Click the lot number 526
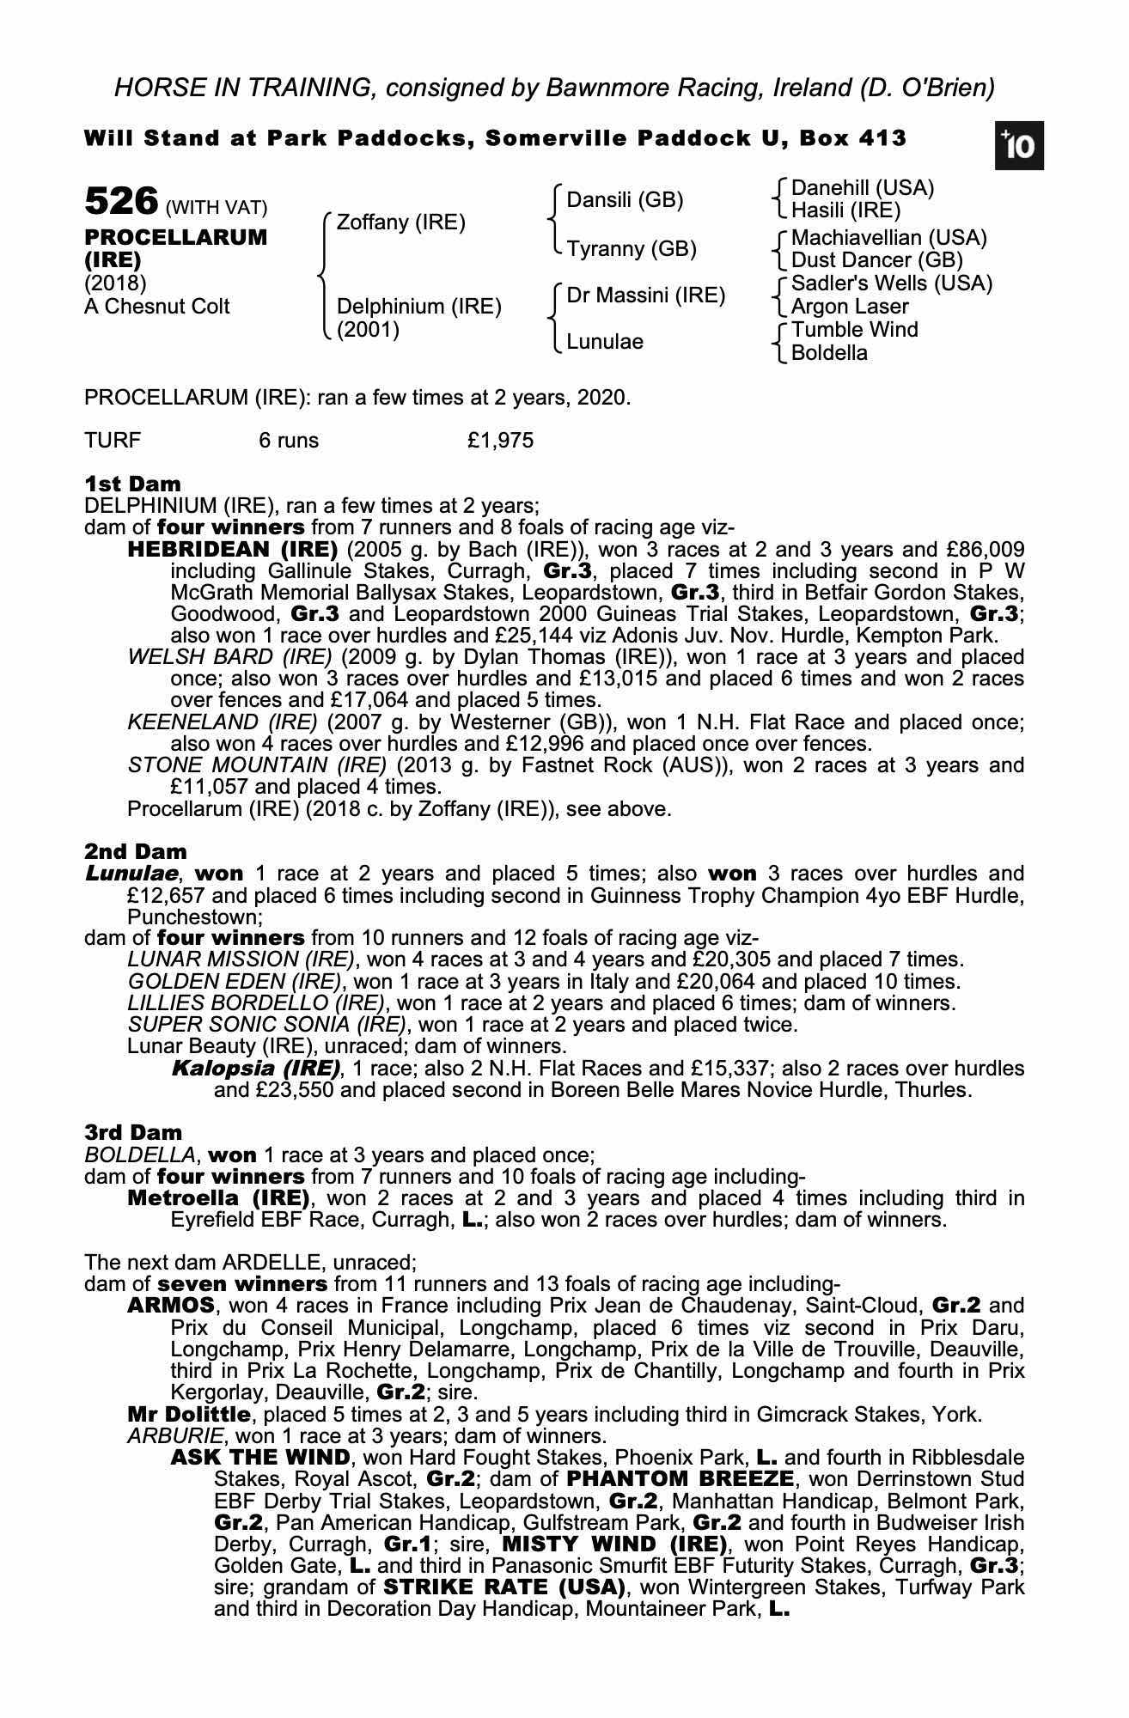pos(121,202)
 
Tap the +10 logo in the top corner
pos(1019,146)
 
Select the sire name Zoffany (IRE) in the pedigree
pos(400,222)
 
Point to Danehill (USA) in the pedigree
pos(862,188)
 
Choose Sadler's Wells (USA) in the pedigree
pos(891,283)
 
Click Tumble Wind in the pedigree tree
pos(854,330)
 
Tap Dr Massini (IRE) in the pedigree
pos(645,295)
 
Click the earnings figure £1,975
pos(500,441)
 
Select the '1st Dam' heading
pos(132,484)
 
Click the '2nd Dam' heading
pos(135,851)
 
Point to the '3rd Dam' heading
pos(133,1132)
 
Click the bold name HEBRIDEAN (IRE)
pos(232,549)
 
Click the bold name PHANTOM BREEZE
pos(680,1479)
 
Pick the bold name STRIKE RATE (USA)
pos(503,1586)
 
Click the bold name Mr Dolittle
pos(189,1414)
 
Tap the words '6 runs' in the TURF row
pos(289,441)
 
